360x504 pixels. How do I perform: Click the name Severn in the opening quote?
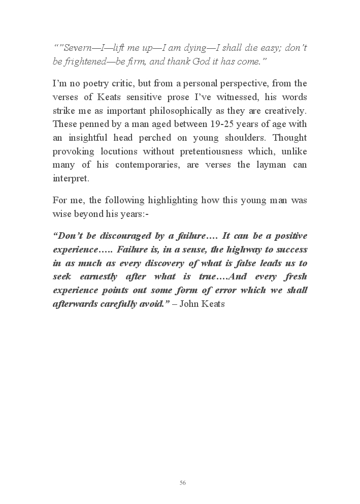(x=75, y=48)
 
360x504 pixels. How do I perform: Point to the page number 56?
(x=183, y=483)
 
